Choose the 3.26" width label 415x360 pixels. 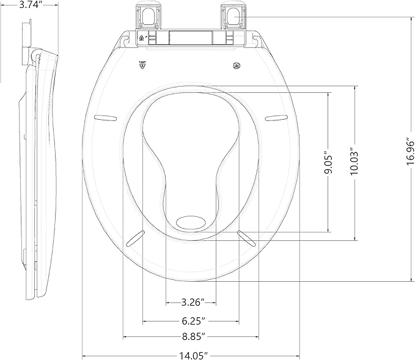(190, 303)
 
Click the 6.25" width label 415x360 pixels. (190, 320)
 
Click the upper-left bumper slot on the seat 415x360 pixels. (106, 116)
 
